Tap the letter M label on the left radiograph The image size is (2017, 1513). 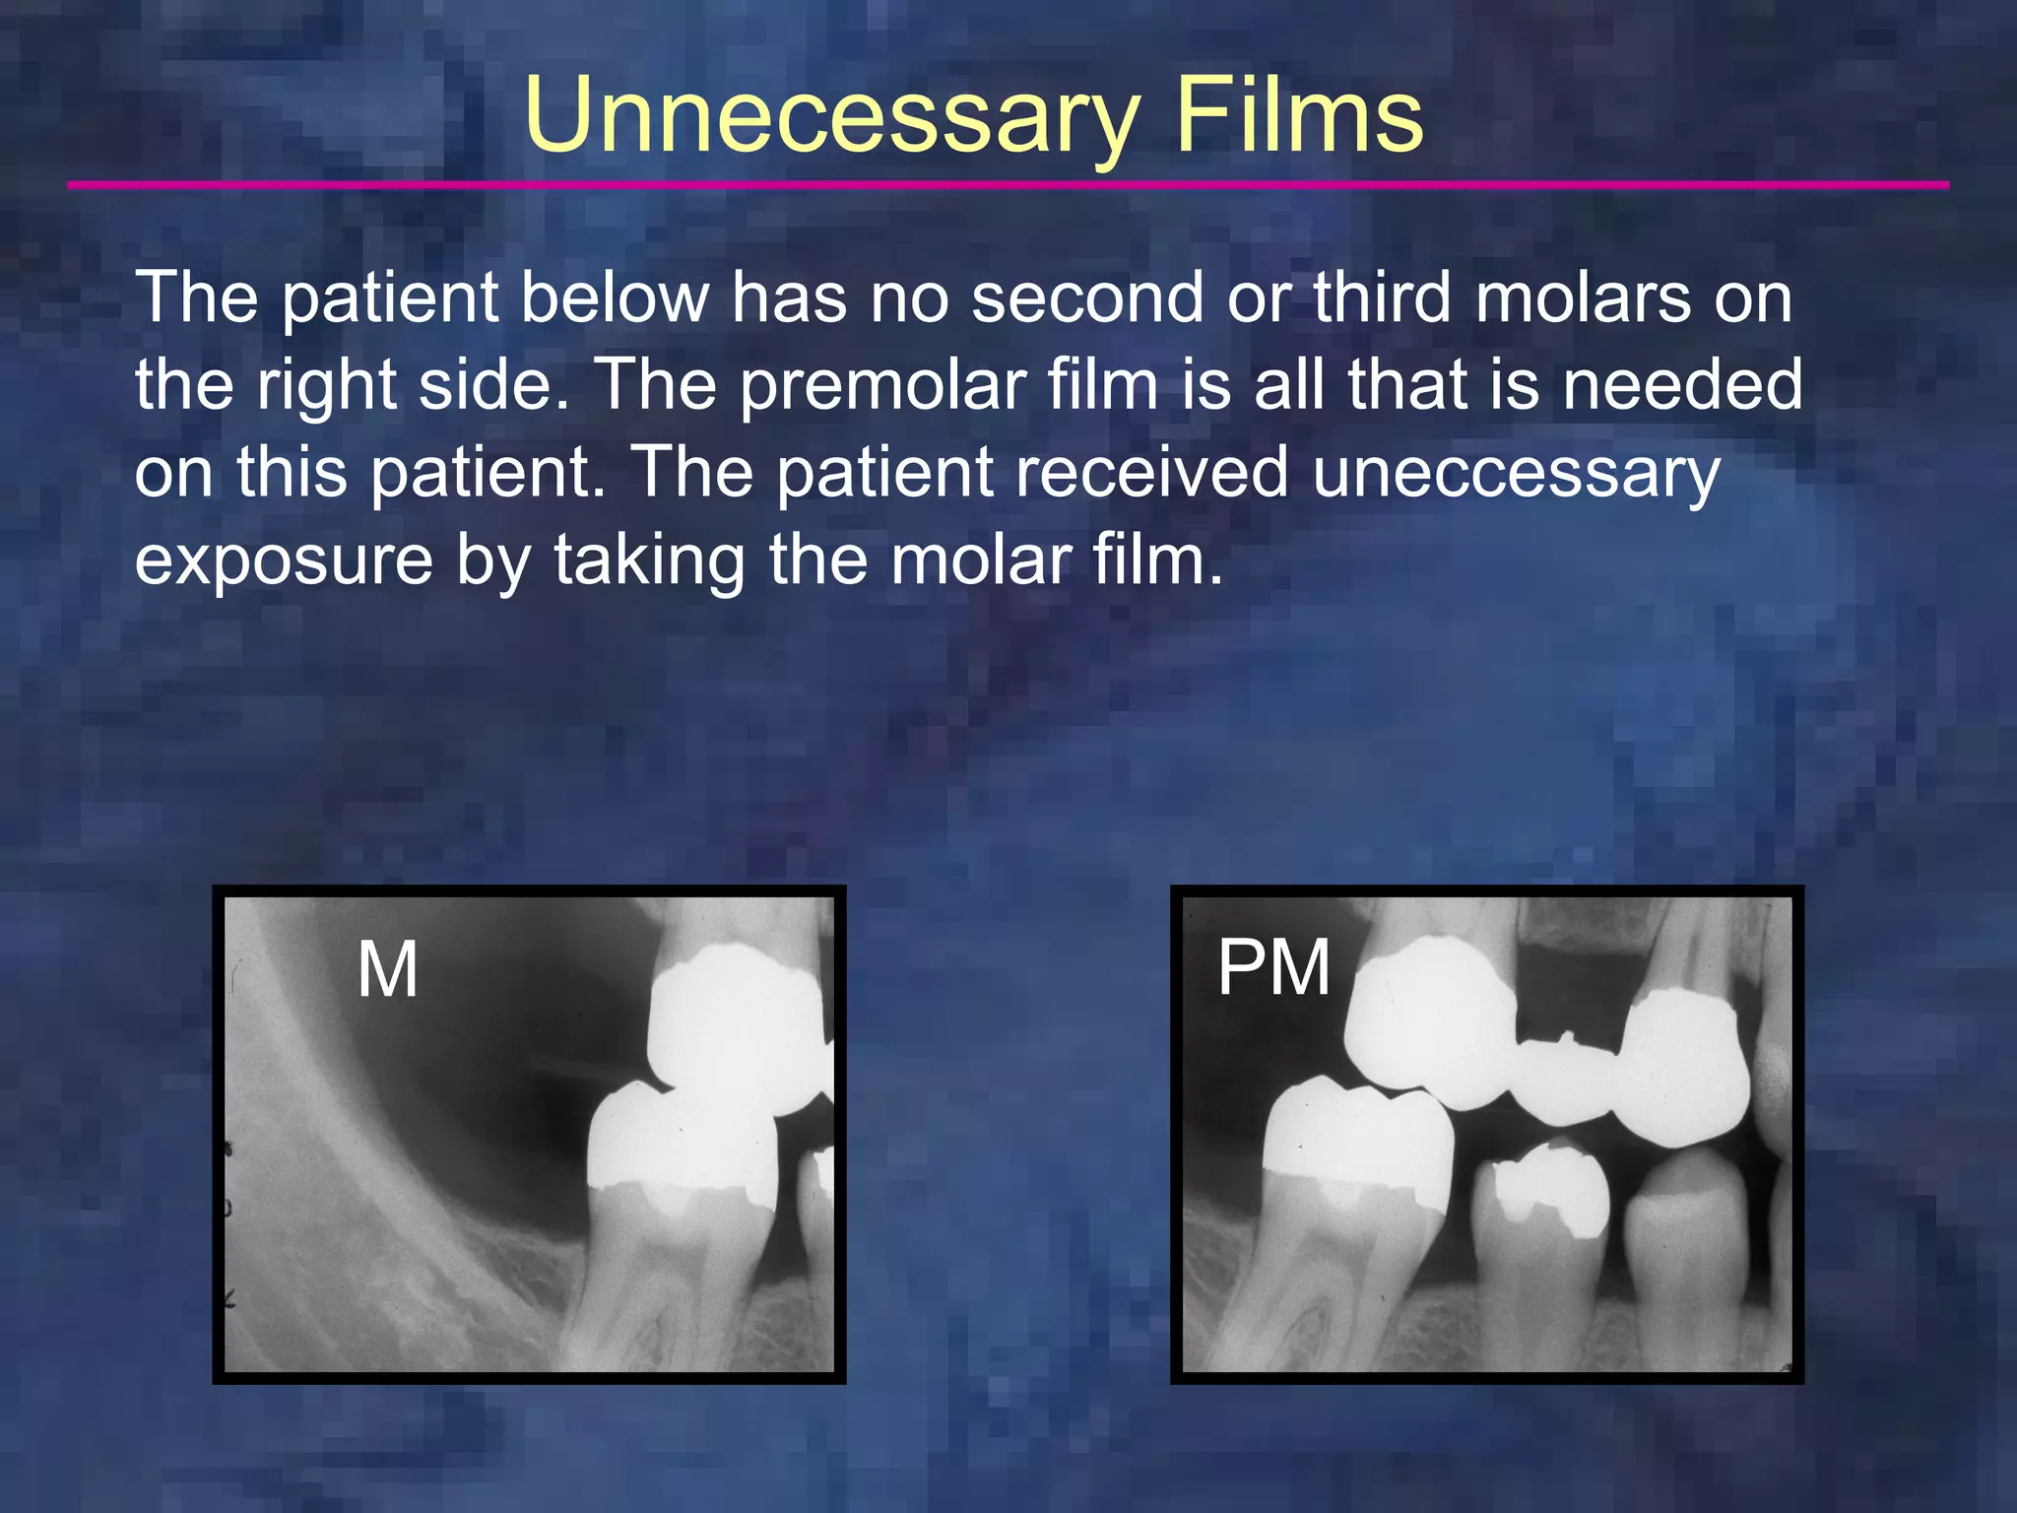coord(387,970)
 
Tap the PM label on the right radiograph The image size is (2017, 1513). coord(1273,967)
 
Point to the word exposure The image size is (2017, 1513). coord(284,560)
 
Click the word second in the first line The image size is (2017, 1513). coord(1087,297)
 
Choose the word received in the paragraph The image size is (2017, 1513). coord(1151,472)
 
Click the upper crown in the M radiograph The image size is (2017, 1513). coord(735,1024)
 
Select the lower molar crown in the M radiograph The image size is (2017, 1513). coord(680,1143)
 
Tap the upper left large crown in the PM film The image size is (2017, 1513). coord(1428,1020)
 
